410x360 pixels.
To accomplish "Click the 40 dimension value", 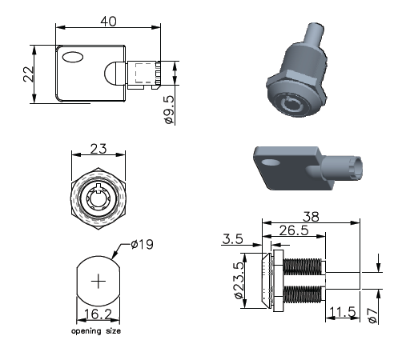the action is (108, 22).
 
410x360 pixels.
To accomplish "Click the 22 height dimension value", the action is (29, 74).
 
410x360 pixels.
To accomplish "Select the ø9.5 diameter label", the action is (169, 110).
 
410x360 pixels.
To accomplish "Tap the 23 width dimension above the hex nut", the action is (98, 149).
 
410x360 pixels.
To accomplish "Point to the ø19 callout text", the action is (143, 244).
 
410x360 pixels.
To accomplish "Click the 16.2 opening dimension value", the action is (98, 314).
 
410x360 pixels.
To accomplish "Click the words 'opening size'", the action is (96, 331).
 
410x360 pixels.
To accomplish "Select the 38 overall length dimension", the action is (311, 217).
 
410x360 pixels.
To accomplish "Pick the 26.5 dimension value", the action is (294, 230).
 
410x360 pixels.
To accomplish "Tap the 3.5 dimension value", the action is (232, 239).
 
